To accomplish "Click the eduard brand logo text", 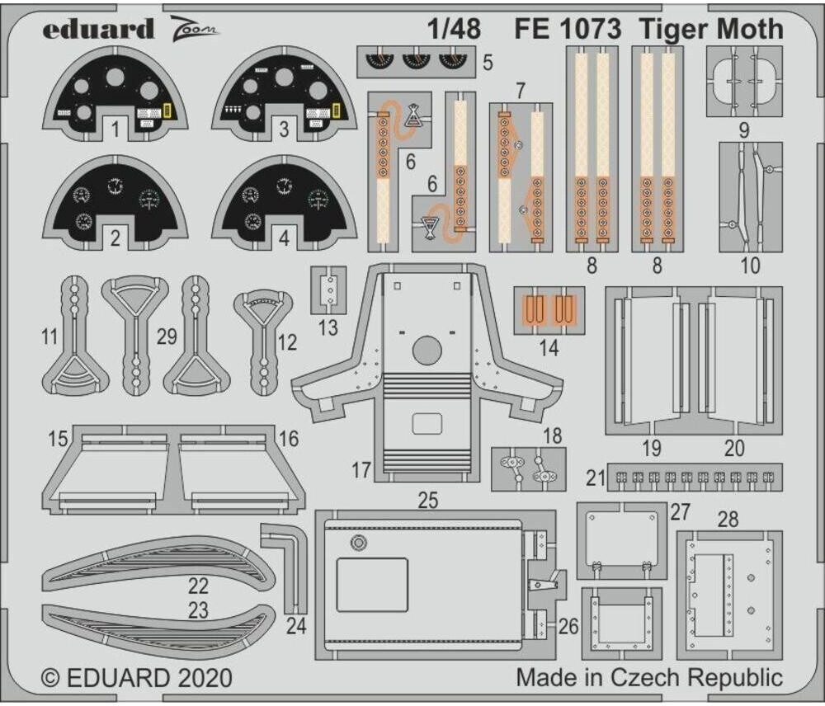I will [98, 30].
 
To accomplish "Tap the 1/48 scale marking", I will [454, 29].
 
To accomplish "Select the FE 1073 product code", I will [568, 29].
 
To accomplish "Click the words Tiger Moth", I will [710, 29].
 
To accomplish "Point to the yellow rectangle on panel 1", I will [167, 111].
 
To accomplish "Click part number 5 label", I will [488, 63].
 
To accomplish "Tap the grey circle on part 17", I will [427, 351].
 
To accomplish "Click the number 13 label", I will [328, 327].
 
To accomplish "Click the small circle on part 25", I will [358, 542].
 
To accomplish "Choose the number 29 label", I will [167, 337].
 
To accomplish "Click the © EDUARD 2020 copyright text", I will [137, 679].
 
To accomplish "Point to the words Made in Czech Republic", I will [649, 678].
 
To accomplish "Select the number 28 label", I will [728, 520].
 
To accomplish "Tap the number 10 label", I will [750, 266].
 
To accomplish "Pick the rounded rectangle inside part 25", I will [372, 584].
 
